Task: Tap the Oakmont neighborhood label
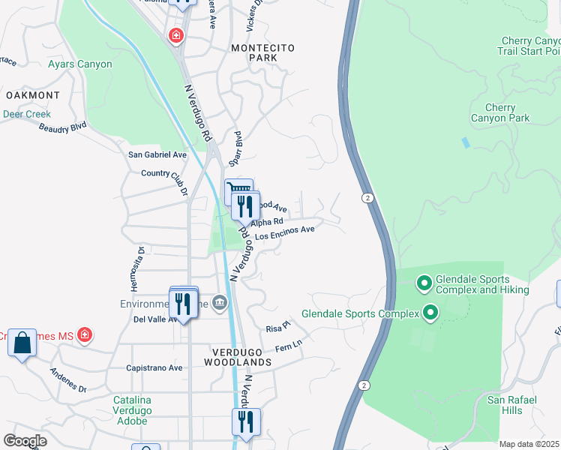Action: [32, 95]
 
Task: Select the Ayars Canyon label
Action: [80, 64]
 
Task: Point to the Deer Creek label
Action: [26, 115]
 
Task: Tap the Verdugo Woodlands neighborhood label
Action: [237, 357]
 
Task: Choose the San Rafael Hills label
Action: [512, 405]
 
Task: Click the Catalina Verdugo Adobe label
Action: [133, 410]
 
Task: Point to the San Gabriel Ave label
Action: [157, 154]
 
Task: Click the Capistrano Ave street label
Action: [154, 368]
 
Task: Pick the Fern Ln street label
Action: [288, 346]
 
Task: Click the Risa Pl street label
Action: [277, 328]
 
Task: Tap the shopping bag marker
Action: [22, 343]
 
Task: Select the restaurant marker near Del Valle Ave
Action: [182, 304]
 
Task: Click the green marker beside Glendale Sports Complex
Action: [430, 312]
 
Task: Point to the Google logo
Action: [25, 441]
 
